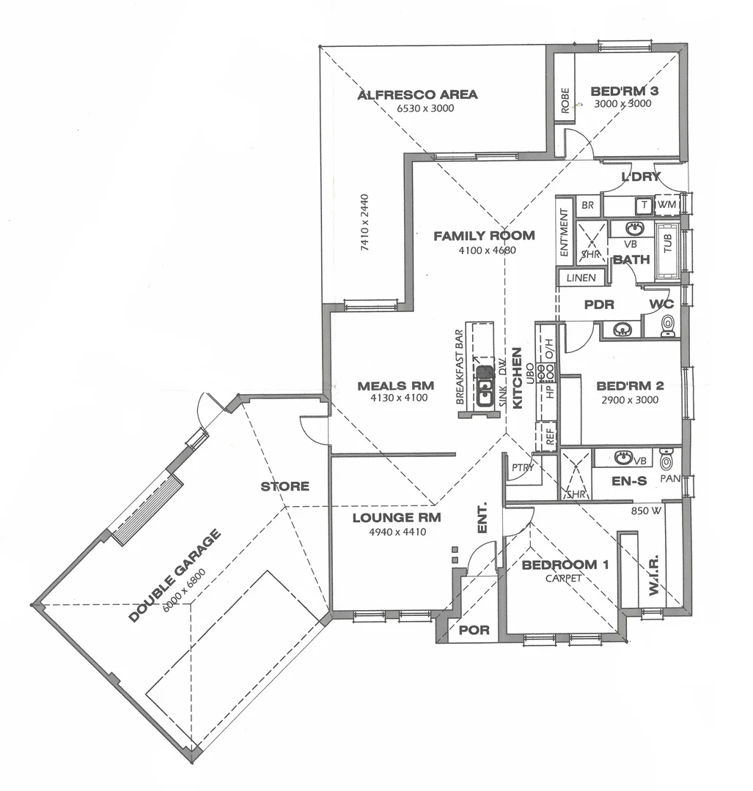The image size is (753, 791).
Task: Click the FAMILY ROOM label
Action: tap(484, 236)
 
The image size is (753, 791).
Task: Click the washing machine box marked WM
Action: tap(666, 205)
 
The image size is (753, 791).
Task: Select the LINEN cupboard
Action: tap(581, 278)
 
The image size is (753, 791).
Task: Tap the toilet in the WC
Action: tap(667, 324)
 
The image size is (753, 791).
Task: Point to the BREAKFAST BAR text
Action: tap(460, 366)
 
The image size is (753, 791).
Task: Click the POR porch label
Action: tap(473, 630)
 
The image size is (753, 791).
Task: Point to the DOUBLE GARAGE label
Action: tap(175, 576)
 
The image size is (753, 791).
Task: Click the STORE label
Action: tap(285, 486)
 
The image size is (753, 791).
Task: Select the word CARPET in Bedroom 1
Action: tap(563, 578)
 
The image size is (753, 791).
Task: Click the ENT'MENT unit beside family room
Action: tap(564, 233)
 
